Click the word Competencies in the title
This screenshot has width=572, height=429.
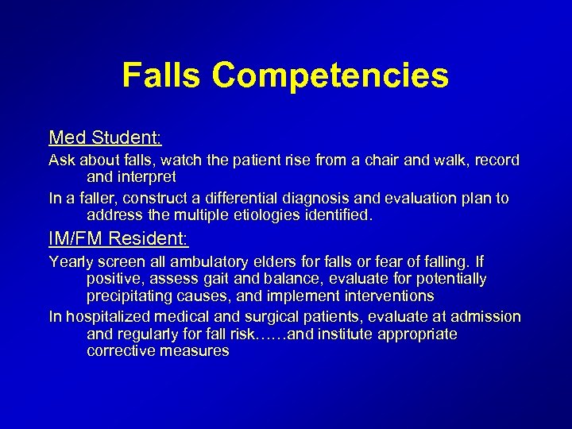pyautogui.click(x=330, y=76)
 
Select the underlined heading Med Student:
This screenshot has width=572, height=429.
pyautogui.click(x=105, y=137)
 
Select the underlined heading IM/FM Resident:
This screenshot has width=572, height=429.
pyautogui.click(x=118, y=238)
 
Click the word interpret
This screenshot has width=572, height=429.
pyautogui.click(x=147, y=177)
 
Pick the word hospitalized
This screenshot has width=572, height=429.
pyautogui.click(x=112, y=317)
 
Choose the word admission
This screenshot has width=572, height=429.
pyautogui.click(x=487, y=317)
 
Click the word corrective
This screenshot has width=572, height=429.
pyautogui.click(x=121, y=351)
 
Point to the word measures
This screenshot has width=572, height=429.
pyautogui.click(x=194, y=351)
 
